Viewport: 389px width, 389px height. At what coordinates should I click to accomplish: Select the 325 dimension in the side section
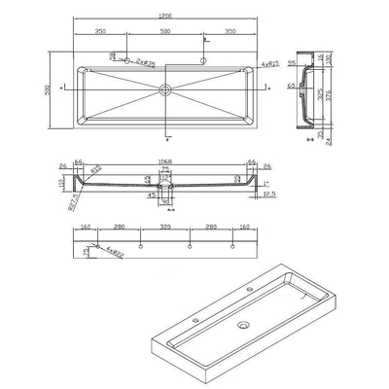322,96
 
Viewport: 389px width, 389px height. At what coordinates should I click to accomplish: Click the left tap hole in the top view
124,61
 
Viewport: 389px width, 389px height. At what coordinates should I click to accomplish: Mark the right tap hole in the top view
204,60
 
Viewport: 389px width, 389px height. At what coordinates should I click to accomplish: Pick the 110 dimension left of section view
59,182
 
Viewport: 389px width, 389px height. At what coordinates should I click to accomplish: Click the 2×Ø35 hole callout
147,60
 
